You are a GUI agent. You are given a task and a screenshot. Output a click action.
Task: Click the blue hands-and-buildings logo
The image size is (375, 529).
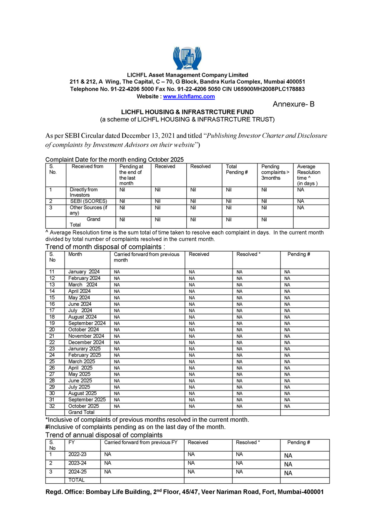click(x=187, y=58)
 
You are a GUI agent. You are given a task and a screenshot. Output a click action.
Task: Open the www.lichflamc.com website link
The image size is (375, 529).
click(x=189, y=96)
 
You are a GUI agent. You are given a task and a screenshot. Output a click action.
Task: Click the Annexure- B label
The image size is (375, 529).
click(x=293, y=104)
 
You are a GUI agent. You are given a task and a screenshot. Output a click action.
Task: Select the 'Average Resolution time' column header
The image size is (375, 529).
click(x=309, y=175)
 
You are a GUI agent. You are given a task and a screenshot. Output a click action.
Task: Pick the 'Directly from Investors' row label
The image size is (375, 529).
click(x=84, y=192)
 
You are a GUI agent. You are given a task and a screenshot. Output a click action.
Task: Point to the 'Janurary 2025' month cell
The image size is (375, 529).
click(x=85, y=349)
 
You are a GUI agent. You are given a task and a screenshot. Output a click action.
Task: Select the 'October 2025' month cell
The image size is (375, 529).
click(x=84, y=406)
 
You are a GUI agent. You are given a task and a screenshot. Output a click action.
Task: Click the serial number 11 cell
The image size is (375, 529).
click(x=52, y=272)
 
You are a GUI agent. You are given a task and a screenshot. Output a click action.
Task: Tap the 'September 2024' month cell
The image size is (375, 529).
click(x=87, y=323)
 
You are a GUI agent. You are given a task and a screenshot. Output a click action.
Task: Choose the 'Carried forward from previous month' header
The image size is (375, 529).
click(x=147, y=257)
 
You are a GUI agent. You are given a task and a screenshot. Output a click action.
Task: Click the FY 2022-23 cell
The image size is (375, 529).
click(x=77, y=455)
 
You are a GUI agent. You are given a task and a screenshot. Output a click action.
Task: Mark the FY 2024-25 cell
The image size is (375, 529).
click(x=77, y=472)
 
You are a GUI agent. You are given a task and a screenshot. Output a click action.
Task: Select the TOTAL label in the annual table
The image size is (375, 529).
click(x=76, y=480)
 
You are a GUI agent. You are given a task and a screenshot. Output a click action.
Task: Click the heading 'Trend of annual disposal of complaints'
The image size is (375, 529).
click(x=104, y=435)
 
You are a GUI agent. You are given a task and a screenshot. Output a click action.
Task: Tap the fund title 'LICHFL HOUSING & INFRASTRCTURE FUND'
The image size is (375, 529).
click(x=187, y=112)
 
